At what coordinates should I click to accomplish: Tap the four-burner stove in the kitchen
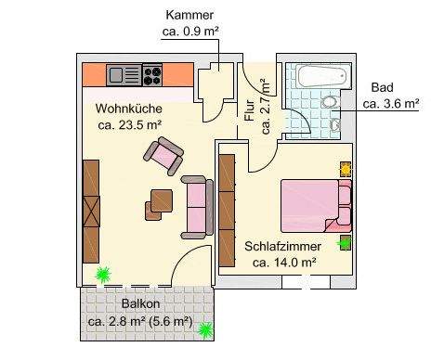pos(151,74)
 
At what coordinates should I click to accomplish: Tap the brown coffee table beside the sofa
pos(161,199)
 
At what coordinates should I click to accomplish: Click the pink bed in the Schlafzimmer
pos(312,204)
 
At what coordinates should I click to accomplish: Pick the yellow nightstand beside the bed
pos(346,170)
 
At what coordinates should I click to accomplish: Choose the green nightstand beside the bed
pos(345,243)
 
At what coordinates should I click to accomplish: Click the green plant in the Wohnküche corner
pos(102,275)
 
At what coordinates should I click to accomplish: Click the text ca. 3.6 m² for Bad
pos(391,103)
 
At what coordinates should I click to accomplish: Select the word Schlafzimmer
pos(283,247)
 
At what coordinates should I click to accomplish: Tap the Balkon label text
pos(140,304)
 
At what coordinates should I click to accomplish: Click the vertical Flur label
pos(249,110)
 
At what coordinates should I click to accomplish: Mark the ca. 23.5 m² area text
pos(129,124)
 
